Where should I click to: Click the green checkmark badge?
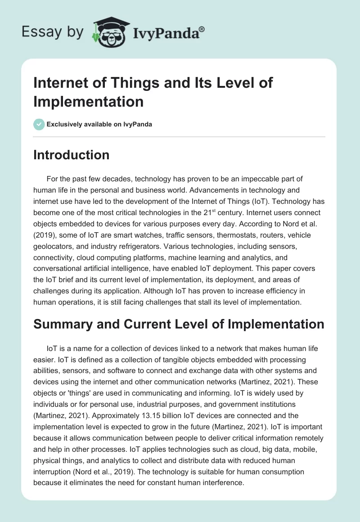coord(39,124)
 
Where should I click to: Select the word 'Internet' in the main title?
coord(59,83)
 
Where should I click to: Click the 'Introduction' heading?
coord(72,155)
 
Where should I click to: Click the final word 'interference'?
coord(221,482)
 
